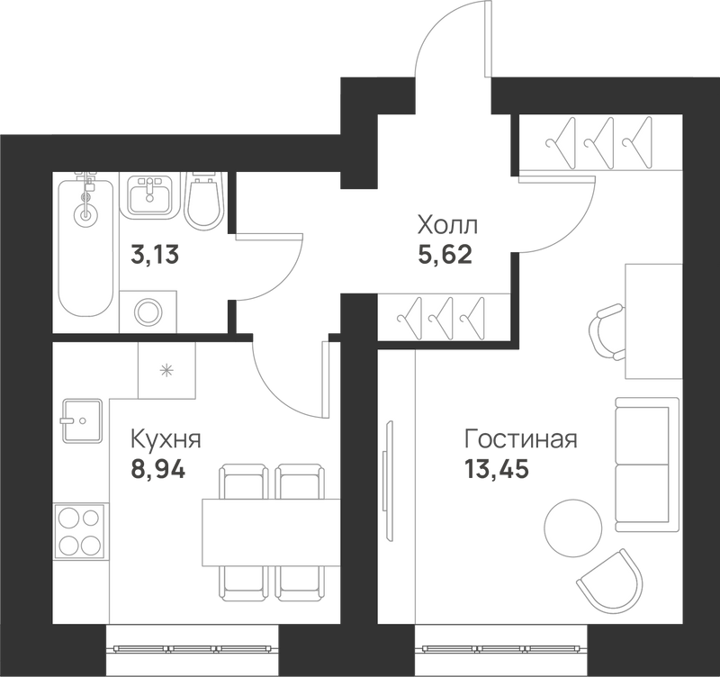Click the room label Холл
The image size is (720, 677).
(x=447, y=225)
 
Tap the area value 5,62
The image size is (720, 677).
(x=445, y=254)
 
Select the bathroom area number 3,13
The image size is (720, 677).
(x=154, y=255)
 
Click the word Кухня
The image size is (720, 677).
(x=166, y=439)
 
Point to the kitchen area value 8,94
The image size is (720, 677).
(x=158, y=469)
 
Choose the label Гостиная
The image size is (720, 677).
(x=521, y=439)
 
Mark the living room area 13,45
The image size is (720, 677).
(x=497, y=469)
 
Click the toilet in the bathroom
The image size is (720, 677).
(x=202, y=201)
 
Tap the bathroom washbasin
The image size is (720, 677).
(x=149, y=195)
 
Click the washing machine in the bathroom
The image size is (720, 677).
(x=148, y=311)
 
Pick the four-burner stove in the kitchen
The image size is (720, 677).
(x=80, y=531)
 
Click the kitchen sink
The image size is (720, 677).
(x=82, y=420)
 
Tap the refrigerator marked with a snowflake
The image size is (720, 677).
(x=166, y=370)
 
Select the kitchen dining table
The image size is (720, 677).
(x=271, y=533)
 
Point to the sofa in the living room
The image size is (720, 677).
(x=647, y=464)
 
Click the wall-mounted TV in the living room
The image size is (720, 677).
(x=388, y=481)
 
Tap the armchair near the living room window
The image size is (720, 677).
(x=608, y=580)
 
